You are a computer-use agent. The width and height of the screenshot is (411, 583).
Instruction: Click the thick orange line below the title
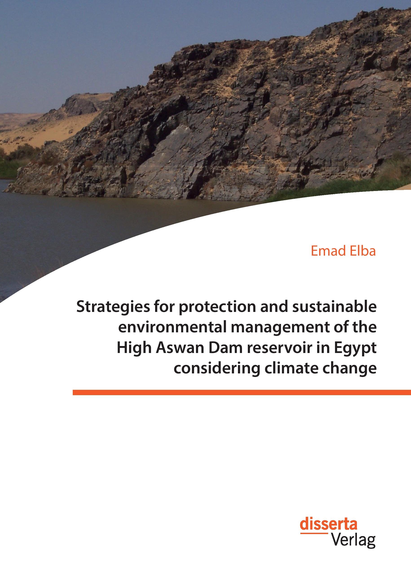(241, 392)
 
